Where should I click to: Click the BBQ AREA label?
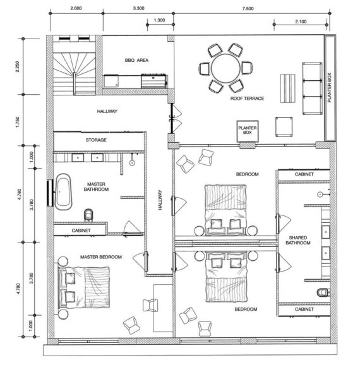tap(136, 60)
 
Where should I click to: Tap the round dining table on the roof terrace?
tap(225, 68)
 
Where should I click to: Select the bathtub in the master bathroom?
tap(63, 192)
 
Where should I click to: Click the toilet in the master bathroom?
tap(88, 215)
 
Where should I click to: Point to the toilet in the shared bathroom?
tap(323, 292)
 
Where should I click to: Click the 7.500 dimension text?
tap(248, 9)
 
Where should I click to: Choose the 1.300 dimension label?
tap(159, 20)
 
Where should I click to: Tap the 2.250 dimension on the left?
tap(17, 66)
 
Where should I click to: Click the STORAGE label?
tap(96, 140)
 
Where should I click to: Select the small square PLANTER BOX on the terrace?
tap(248, 131)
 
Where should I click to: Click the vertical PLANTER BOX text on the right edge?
tap(329, 87)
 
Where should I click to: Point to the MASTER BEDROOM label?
tap(101, 257)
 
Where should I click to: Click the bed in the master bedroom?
tap(84, 287)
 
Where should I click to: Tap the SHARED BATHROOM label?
tap(298, 240)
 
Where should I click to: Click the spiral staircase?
tap(74, 73)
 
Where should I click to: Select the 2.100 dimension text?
tap(301, 21)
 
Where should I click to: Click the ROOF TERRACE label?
tap(247, 99)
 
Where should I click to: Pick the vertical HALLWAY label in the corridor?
tap(160, 200)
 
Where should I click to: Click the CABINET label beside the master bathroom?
tap(81, 231)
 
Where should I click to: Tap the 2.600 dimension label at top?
tap(76, 8)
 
